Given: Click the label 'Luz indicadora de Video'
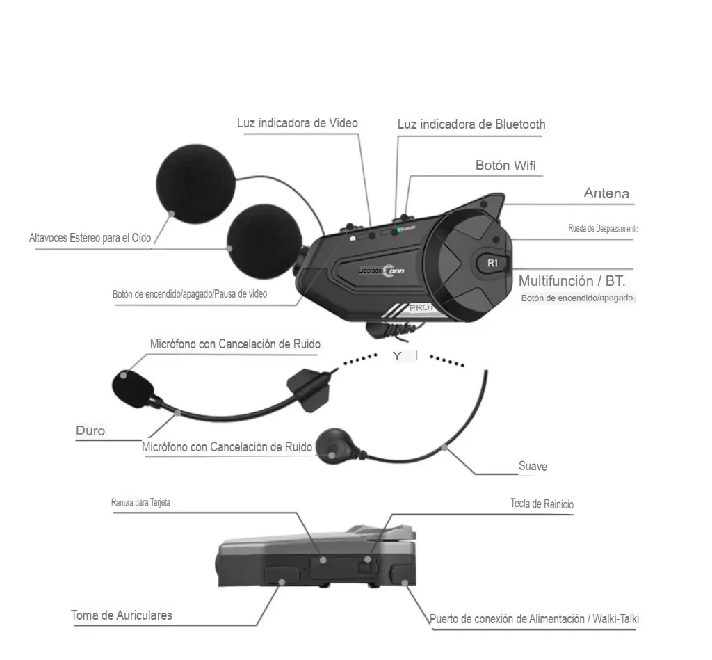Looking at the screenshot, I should (x=297, y=123).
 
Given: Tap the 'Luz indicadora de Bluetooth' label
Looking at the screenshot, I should (x=471, y=124).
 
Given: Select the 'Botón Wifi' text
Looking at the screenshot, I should (x=505, y=166).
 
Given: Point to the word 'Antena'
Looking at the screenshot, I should (x=606, y=193).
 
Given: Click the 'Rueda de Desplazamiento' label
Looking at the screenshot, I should (x=603, y=229).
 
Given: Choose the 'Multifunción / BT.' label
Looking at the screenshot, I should (x=572, y=281).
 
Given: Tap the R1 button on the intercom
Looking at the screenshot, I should (x=492, y=263).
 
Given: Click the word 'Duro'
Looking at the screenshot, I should (x=90, y=430).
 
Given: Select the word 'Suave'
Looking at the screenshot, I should (x=533, y=466).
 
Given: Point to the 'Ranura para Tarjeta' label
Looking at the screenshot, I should (x=140, y=502).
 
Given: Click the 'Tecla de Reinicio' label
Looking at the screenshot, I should (x=542, y=504).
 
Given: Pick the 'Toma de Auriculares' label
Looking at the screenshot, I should (x=122, y=615).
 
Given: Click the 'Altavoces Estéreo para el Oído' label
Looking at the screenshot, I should (x=90, y=238).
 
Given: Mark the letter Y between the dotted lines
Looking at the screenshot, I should (x=397, y=355).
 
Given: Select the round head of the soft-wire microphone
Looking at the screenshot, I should (x=332, y=444).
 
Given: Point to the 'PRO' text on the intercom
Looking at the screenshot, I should (x=419, y=307).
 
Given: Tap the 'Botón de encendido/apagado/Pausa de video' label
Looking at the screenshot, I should (x=189, y=294).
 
